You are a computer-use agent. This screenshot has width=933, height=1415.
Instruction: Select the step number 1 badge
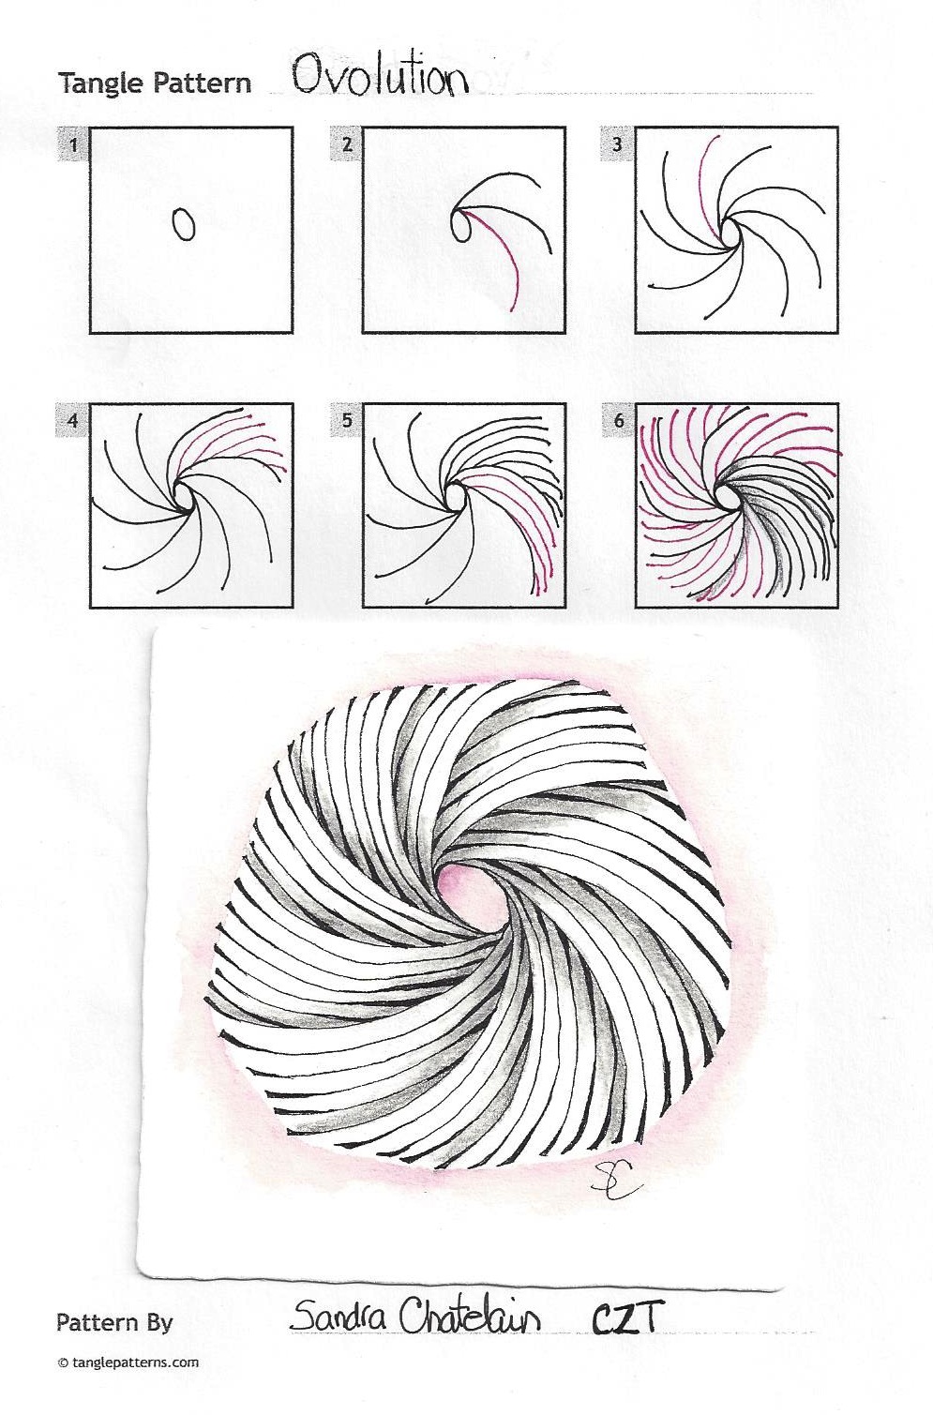click(73, 145)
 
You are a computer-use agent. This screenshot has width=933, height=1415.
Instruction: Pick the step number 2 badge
click(346, 145)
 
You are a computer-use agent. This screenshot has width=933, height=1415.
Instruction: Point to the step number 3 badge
click(619, 145)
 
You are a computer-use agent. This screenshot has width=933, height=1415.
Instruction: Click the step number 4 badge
click(73, 420)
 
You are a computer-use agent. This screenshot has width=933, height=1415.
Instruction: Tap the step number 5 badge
click(346, 420)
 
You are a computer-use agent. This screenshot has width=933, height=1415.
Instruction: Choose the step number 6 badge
click(619, 420)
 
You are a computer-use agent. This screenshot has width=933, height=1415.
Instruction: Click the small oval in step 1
click(183, 224)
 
